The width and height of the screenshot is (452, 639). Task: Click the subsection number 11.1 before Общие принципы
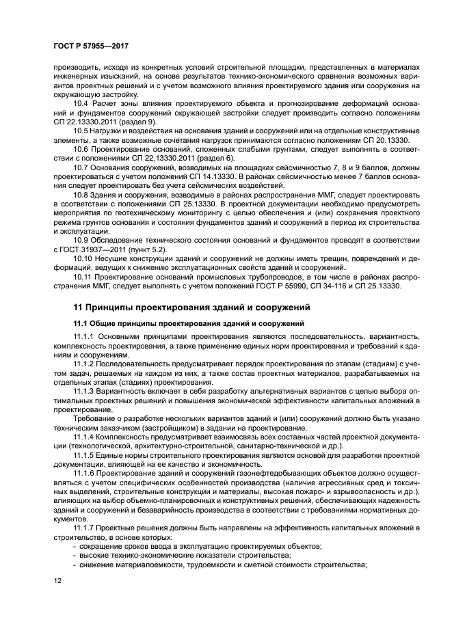click(81, 323)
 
